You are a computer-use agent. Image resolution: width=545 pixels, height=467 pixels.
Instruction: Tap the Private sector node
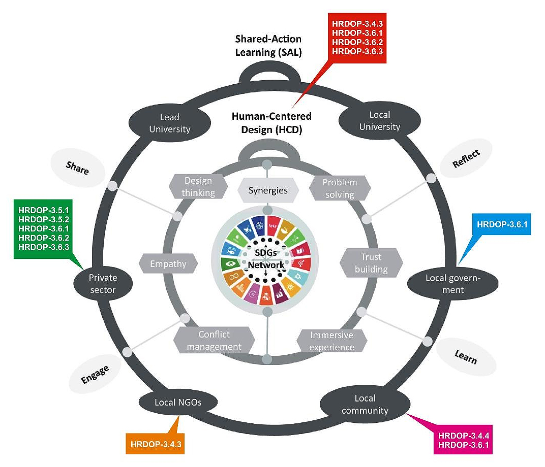103,284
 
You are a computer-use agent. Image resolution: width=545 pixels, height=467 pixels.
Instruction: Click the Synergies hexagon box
268,190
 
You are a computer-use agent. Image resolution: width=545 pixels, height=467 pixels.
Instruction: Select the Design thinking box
198,187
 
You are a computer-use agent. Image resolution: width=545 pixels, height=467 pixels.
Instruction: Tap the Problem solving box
340,188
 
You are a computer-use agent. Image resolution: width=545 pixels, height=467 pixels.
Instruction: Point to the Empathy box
168,263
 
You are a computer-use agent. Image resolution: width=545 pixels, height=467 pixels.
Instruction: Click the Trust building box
371,263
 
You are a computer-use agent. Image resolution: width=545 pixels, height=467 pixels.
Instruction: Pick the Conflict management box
214,340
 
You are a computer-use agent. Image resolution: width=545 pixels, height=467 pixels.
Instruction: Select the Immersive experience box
331,341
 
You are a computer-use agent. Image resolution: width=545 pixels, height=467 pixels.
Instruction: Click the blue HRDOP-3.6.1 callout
501,224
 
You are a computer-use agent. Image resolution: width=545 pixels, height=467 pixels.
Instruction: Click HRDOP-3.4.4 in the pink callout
463,436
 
